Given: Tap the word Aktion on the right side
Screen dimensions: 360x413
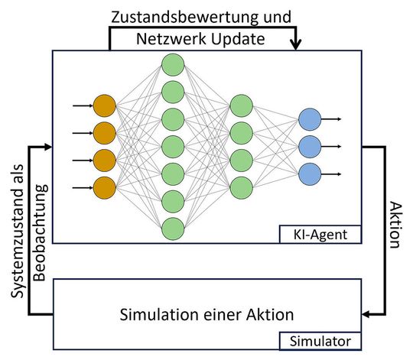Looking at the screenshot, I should click(394, 225).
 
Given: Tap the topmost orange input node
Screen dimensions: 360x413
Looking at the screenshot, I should click(103, 105).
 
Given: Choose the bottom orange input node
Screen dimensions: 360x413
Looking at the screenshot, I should click(103, 186).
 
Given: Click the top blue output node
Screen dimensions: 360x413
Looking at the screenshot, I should click(310, 118).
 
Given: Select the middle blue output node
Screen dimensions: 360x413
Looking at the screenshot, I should click(310, 145).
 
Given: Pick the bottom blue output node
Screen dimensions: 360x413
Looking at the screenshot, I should click(310, 173).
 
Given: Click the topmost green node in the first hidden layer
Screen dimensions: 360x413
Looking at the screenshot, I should click(172, 64).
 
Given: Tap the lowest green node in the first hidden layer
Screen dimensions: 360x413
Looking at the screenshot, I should click(172, 227).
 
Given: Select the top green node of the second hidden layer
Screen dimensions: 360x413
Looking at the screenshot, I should click(241, 105).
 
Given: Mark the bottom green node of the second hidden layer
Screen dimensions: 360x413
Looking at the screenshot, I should click(241, 186).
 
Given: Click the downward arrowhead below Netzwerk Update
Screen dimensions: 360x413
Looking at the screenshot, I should click(298, 46).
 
